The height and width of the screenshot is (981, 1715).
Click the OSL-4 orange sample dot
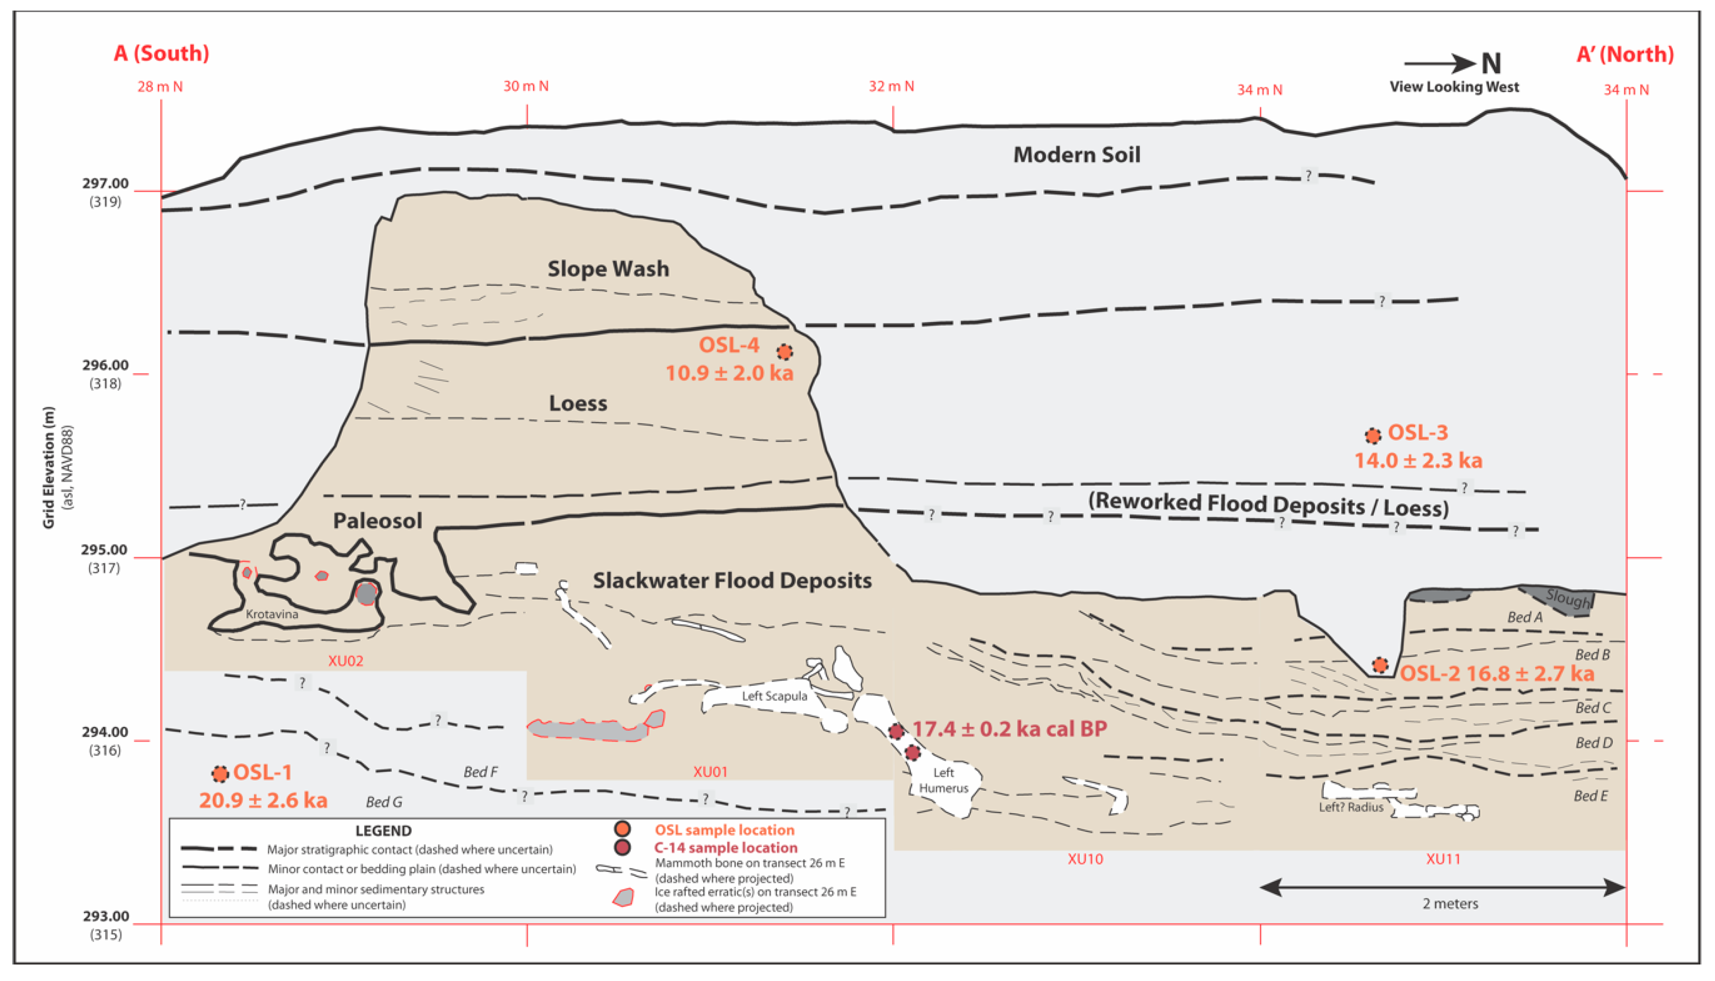tap(784, 352)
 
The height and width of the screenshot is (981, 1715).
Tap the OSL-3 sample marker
tap(1373, 436)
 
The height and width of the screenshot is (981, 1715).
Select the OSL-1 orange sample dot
tap(220, 774)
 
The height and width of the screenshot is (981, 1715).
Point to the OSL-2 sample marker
tap(1380, 665)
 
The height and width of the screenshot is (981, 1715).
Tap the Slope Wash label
tap(608, 269)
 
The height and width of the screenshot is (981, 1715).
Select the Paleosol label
tap(377, 521)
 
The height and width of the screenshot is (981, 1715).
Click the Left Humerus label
tap(944, 780)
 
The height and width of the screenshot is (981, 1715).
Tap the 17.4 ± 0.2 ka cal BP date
tap(1009, 729)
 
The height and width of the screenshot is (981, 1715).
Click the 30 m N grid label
tap(526, 86)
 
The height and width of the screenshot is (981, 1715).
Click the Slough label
tap(1567, 597)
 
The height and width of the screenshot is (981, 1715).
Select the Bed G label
tap(384, 802)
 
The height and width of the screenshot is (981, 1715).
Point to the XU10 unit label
tap(1085, 859)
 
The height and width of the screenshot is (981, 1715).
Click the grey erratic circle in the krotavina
tap(366, 593)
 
